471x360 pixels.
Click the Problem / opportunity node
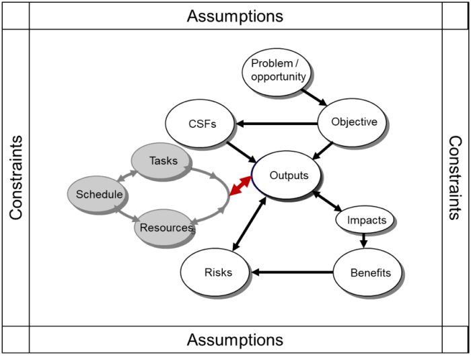[x=278, y=71]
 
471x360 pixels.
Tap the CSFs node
[x=201, y=124]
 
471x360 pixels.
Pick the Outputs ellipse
[x=289, y=176]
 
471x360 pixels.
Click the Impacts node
[x=367, y=220]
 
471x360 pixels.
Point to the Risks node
[x=217, y=273]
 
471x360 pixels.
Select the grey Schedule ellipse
[x=99, y=194]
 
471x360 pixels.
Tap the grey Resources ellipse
[x=166, y=228]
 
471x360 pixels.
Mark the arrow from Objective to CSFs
[x=277, y=124]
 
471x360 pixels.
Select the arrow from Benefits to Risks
[x=292, y=273]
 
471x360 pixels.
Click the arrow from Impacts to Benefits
[x=364, y=239]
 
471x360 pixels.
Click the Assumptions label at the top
[x=235, y=15]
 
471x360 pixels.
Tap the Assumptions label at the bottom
[x=235, y=340]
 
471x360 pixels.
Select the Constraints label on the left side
[x=15, y=178]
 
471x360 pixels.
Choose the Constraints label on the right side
[x=455, y=178]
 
